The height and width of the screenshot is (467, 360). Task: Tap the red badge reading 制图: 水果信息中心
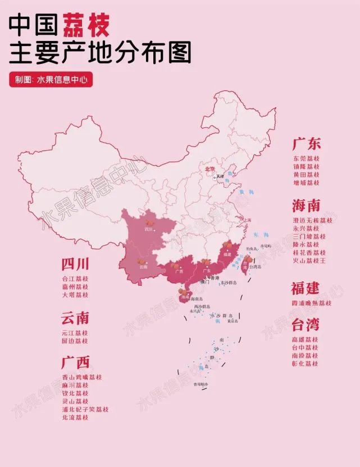50,80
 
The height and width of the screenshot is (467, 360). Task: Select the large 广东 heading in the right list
306,144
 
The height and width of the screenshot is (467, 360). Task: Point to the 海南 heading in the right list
306,203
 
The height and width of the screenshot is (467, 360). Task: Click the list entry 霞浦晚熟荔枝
312,303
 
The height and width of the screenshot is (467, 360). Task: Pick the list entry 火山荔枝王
309,261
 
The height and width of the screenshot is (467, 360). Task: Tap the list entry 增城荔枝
306,183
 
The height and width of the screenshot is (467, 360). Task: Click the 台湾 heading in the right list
306,324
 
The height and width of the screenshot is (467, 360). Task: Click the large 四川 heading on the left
76,264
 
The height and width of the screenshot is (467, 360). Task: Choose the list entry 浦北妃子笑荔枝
86,410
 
